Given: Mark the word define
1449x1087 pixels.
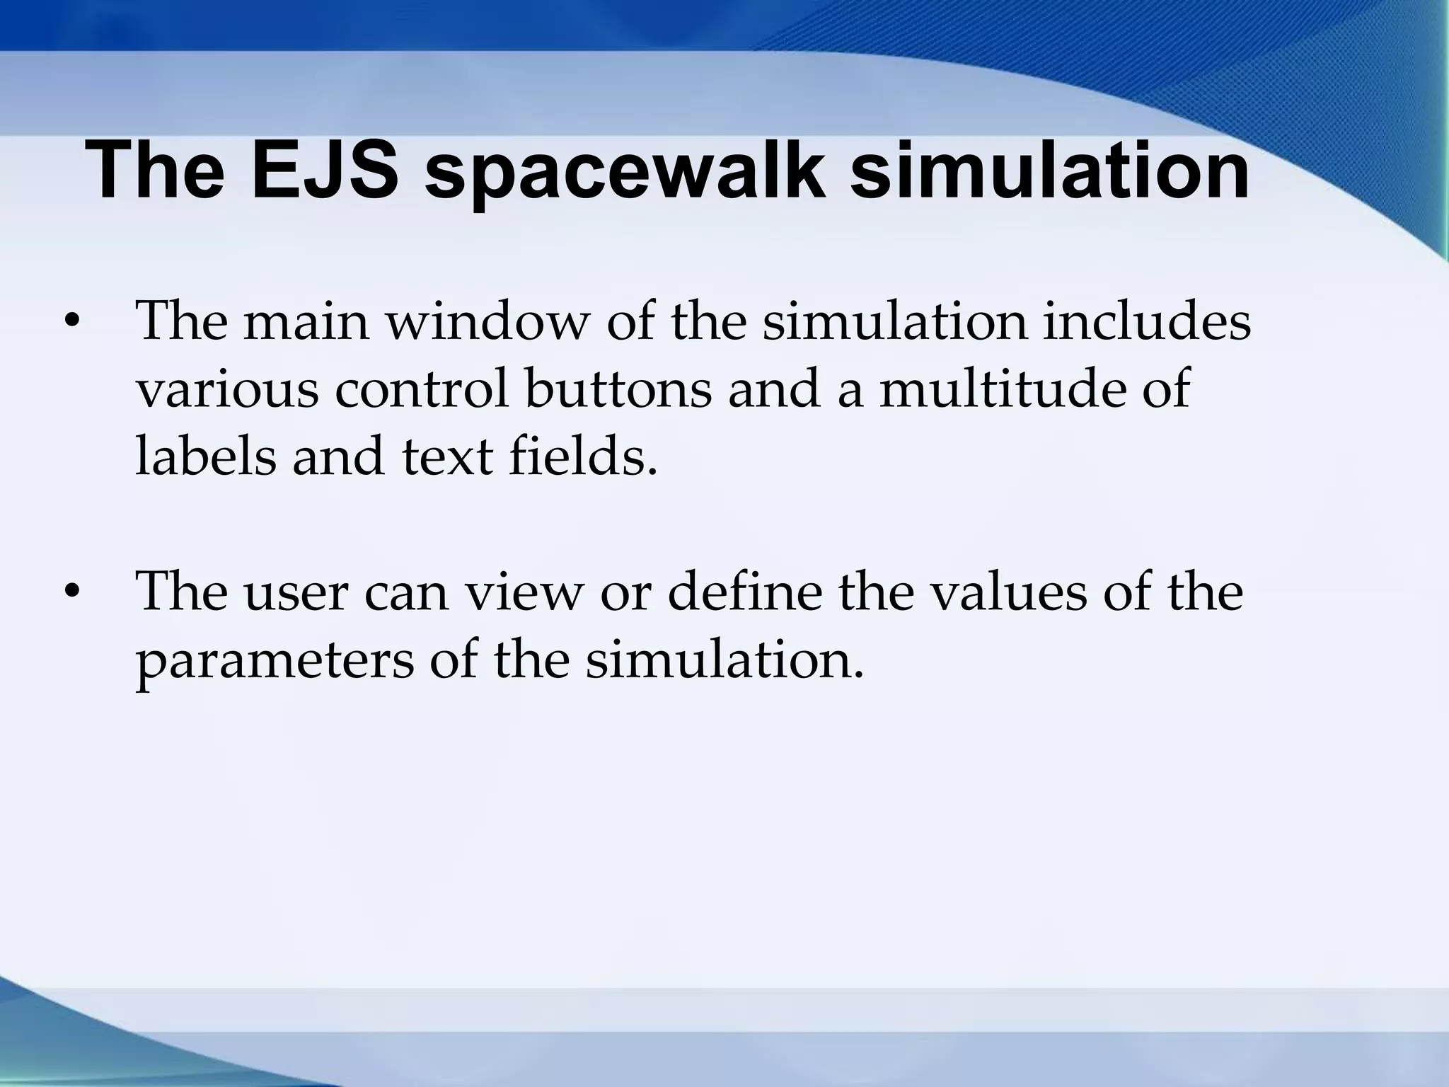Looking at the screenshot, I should [x=744, y=593].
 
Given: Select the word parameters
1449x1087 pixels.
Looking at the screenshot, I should [x=275, y=662].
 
